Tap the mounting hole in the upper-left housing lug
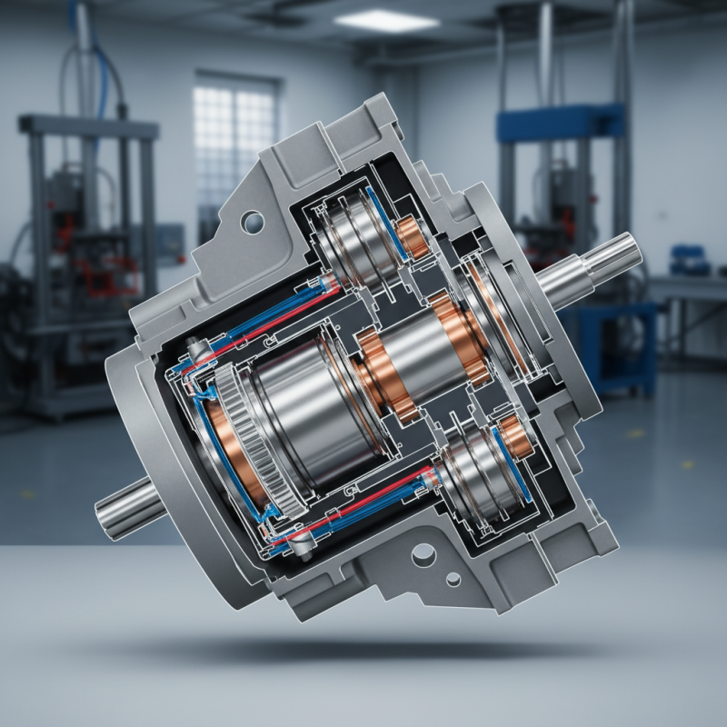click(x=252, y=219)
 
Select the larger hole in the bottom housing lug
click(x=422, y=554)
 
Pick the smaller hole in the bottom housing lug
click(x=452, y=579)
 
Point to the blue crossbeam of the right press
click(x=560, y=124)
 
